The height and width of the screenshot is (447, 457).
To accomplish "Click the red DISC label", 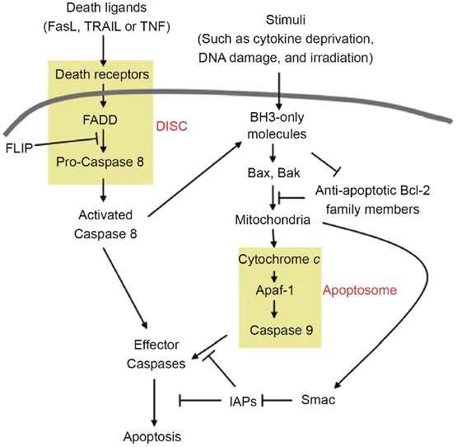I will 170,127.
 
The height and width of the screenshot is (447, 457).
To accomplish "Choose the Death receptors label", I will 101,76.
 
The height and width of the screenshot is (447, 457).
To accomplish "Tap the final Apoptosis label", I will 149,435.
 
